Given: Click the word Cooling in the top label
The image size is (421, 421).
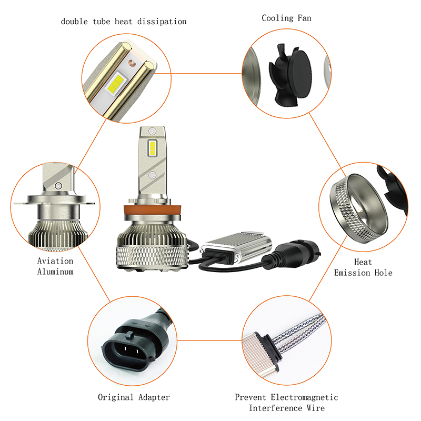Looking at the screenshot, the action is pyautogui.click(x=278, y=18).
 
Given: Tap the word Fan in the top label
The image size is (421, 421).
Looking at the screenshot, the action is pyautogui.click(x=305, y=18).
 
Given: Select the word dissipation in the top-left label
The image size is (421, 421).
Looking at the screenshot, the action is pyautogui.click(x=162, y=21).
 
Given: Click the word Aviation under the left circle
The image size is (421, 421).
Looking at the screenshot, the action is pyautogui.click(x=55, y=260).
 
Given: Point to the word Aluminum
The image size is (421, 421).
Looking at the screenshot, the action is pyautogui.click(x=55, y=272).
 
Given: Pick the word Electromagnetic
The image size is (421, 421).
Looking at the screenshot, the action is pyautogui.click(x=305, y=397).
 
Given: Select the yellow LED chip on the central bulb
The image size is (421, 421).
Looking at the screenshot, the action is pyautogui.click(x=152, y=148).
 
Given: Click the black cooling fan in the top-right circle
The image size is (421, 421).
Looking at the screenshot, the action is pyautogui.click(x=290, y=75).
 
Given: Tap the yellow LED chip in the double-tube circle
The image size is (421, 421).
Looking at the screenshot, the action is pyautogui.click(x=115, y=83).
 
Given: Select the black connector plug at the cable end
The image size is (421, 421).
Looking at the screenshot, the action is pyautogui.click(x=293, y=253).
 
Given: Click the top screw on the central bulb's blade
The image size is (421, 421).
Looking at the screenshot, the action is pyautogui.click(x=153, y=131).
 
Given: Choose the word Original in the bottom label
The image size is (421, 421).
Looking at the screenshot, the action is pyautogui.click(x=116, y=397).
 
